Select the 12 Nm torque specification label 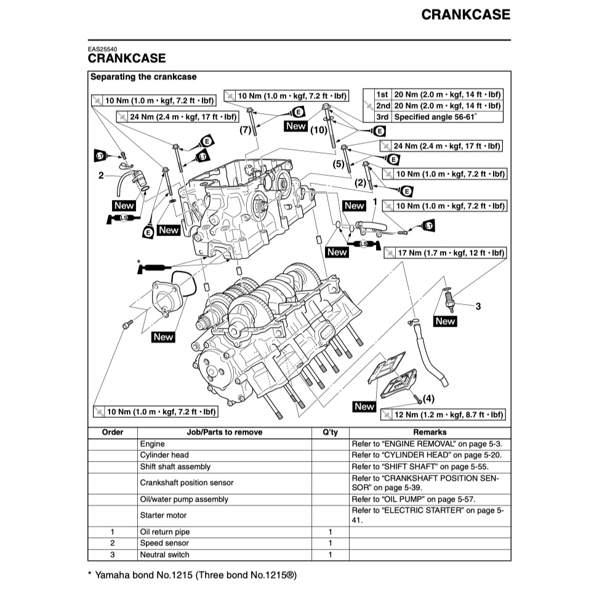pos(443,414)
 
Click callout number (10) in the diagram pos(319,130)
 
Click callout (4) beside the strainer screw pos(428,398)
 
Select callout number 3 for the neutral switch pos(478,306)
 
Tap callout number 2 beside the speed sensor pos(101,175)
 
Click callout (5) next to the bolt pos(339,164)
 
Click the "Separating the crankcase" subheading pos(143,77)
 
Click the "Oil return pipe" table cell pos(165,532)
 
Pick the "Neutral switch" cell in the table pos(164,555)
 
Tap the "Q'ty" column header pos(330,432)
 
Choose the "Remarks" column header pos(430,432)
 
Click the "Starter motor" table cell pos(163,515)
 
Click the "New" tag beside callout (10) pos(295,126)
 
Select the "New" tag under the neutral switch pos(445,321)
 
